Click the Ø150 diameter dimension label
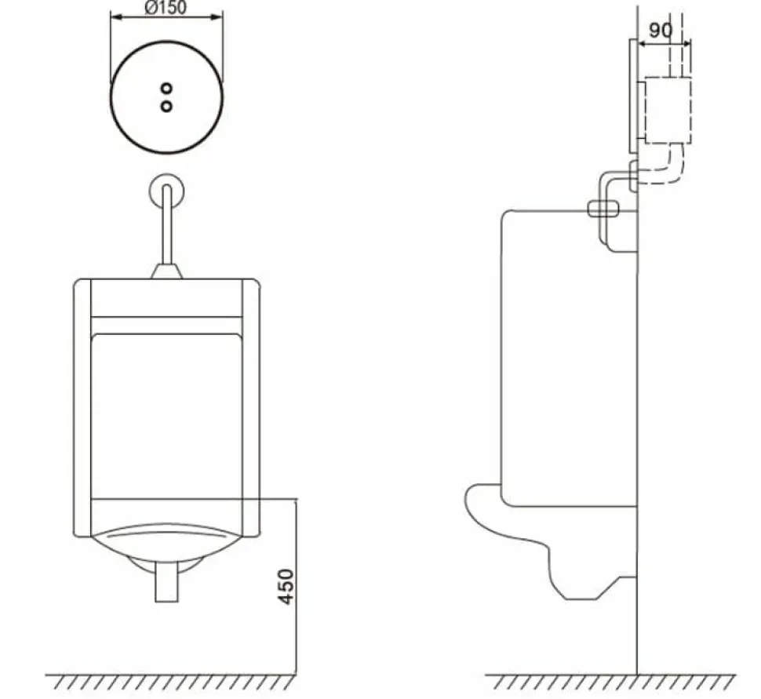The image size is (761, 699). pos(166,8)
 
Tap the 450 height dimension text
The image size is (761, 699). pos(286,586)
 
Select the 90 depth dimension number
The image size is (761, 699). pos(661,31)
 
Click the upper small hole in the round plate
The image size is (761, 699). pos(166,89)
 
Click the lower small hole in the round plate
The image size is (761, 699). pos(166,106)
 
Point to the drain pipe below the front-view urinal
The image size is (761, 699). pos(166,581)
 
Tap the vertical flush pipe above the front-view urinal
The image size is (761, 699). pos(166,224)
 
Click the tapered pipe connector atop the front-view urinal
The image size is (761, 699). pos(166,271)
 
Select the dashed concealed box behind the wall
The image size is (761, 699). pos(668,110)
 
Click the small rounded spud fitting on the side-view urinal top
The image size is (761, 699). pos(603,209)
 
